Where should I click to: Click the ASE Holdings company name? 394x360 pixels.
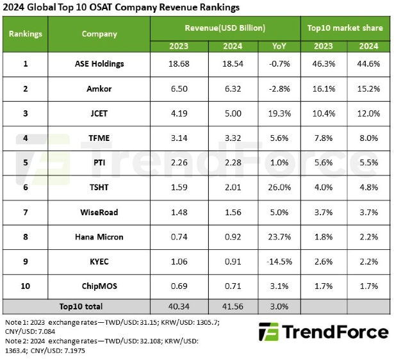coord(99,63)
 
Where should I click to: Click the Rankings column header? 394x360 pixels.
coord(26,34)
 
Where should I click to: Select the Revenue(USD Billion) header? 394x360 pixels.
coord(225,28)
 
